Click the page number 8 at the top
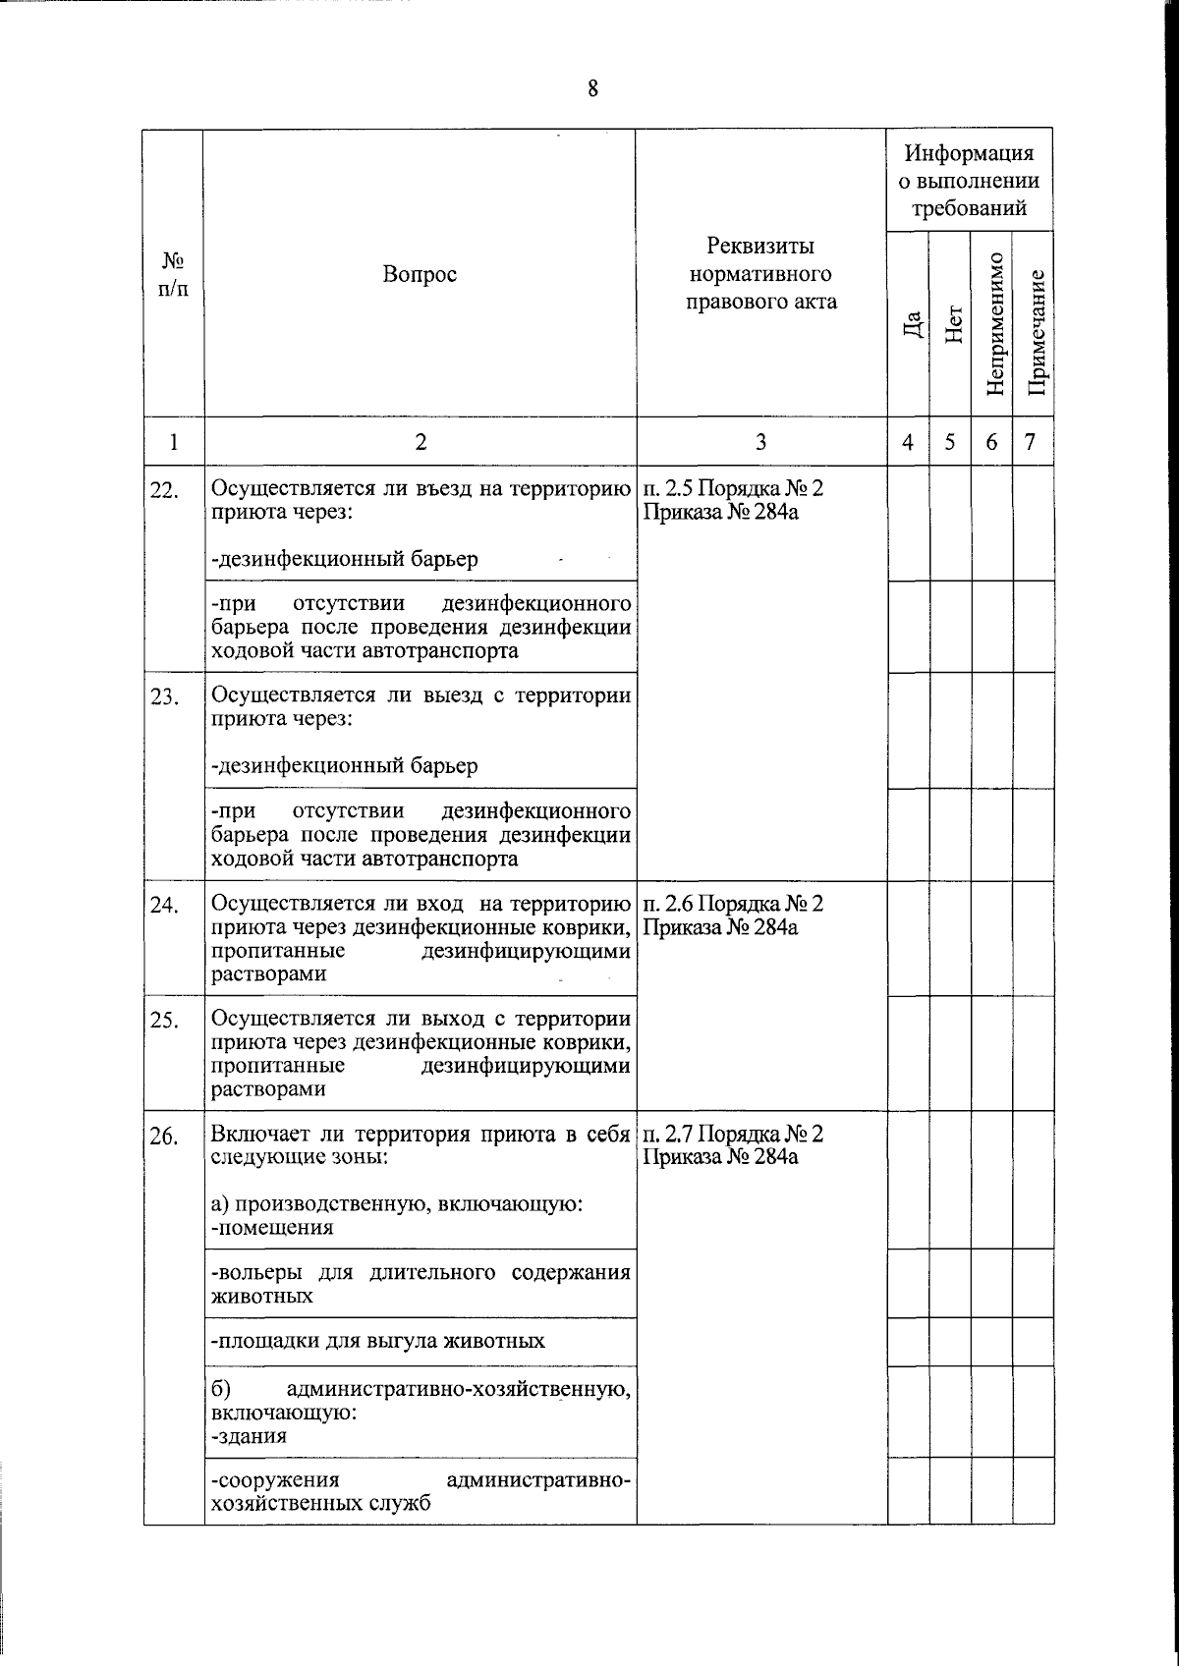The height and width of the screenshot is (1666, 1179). pyautogui.click(x=592, y=89)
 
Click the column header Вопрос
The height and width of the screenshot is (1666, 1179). pyautogui.click(x=420, y=275)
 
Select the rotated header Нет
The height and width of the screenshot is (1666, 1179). pyautogui.click(x=952, y=324)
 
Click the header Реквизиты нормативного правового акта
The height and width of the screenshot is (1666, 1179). pyautogui.click(x=761, y=273)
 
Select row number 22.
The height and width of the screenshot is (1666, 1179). pyautogui.click(x=163, y=490)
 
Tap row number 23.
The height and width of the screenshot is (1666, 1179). pyautogui.click(x=163, y=697)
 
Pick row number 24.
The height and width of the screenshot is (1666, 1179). pyautogui.click(x=163, y=906)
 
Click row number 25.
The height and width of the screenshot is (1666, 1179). pyautogui.click(x=163, y=1021)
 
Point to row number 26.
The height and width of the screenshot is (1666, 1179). pyautogui.click(x=163, y=1137)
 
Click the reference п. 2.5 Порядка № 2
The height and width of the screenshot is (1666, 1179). pyautogui.click(x=733, y=488)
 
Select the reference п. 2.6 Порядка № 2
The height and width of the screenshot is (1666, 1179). pyautogui.click(x=733, y=904)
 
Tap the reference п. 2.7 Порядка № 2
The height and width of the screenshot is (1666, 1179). pyautogui.click(x=733, y=1135)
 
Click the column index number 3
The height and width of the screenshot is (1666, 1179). pyautogui.click(x=760, y=442)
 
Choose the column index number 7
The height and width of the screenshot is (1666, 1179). pyautogui.click(x=1030, y=442)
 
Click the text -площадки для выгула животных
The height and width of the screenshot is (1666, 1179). pyautogui.click(x=377, y=1341)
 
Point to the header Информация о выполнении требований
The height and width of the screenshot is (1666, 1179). pyautogui.click(x=970, y=181)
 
